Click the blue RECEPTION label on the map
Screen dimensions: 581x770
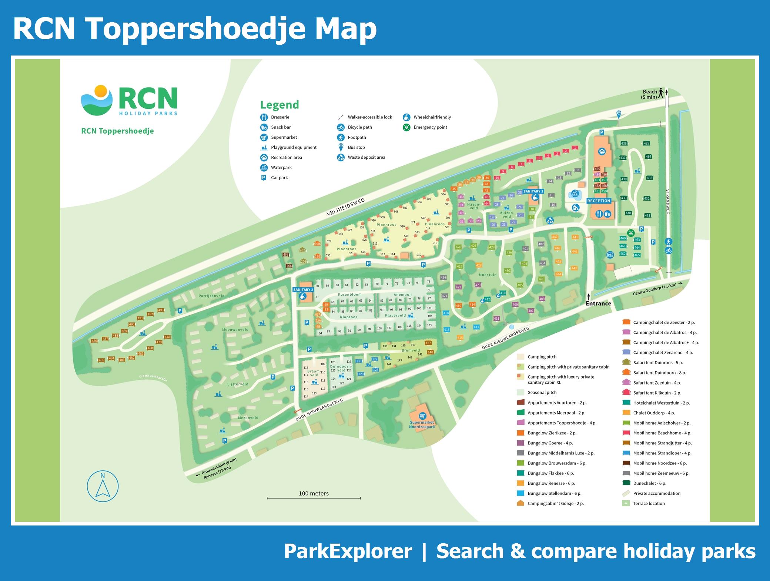point(599,201)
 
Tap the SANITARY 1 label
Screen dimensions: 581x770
point(533,191)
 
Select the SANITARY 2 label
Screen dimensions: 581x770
point(303,290)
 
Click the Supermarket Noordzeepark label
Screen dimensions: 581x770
point(422,424)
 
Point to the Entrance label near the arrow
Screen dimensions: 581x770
point(598,303)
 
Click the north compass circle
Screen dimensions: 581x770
point(103,486)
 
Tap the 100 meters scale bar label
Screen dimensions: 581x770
point(314,493)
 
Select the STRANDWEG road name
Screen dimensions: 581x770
point(668,202)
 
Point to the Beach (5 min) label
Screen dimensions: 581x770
point(649,94)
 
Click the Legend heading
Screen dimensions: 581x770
point(279,105)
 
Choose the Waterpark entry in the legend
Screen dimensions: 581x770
point(281,168)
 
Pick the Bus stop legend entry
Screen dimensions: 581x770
point(356,147)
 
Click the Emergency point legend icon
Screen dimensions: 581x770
point(407,127)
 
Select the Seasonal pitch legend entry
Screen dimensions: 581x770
point(542,393)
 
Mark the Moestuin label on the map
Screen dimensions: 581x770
point(488,275)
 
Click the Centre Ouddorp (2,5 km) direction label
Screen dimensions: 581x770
point(654,288)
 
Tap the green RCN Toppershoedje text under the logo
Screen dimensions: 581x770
point(117,131)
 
